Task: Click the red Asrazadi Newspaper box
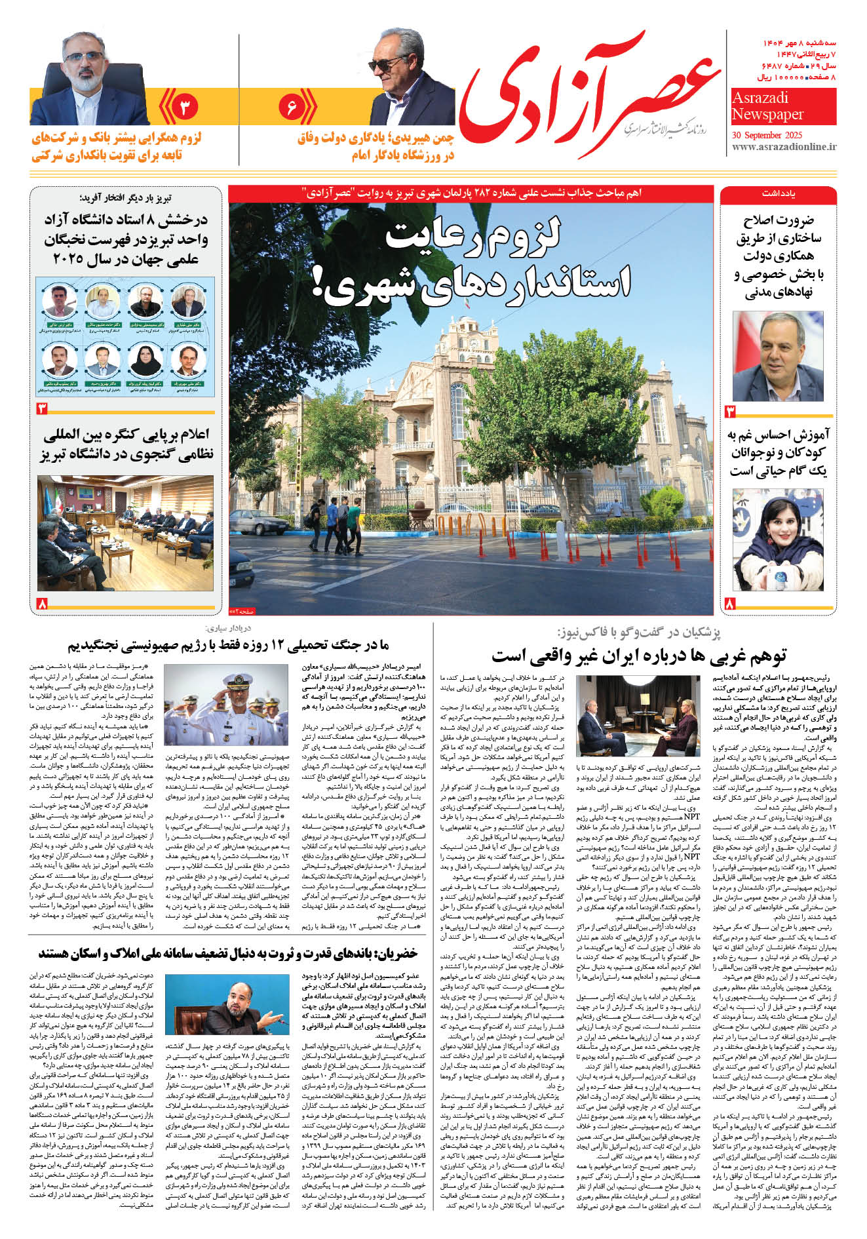783,107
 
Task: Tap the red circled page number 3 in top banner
185,107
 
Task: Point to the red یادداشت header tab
778,194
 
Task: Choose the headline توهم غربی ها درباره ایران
638,655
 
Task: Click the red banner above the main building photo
471,193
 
